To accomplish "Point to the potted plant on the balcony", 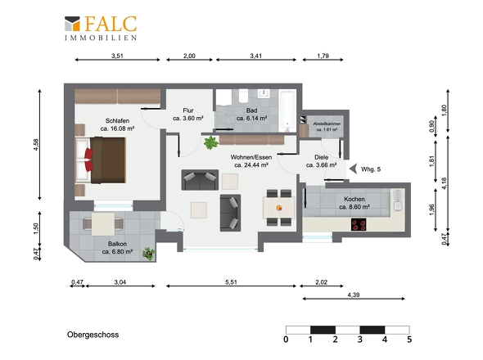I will [148, 253].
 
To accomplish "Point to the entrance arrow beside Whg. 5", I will [353, 169].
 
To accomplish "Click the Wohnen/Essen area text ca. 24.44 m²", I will [251, 164].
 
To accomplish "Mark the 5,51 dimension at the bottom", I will [230, 282].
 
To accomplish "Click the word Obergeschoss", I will [93, 335].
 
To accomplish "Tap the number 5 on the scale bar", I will [409, 340].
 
